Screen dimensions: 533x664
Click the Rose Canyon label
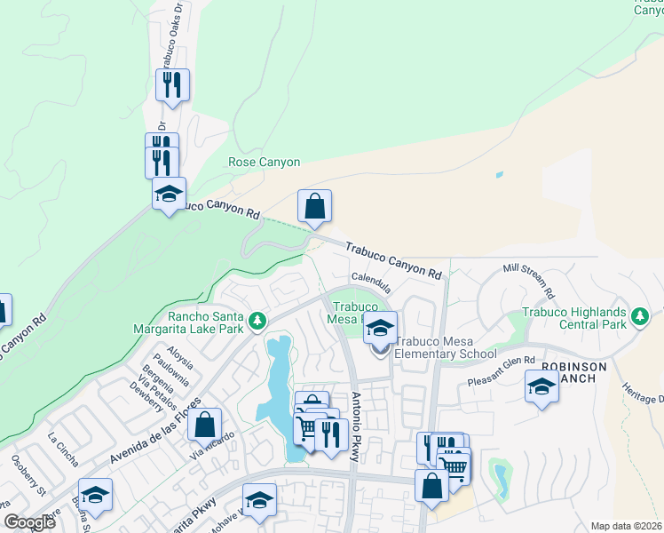coord(265,163)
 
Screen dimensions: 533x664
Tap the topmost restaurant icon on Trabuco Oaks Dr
coord(171,85)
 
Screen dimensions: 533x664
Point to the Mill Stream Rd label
coord(528,279)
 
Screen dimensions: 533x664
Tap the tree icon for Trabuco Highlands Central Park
coord(639,316)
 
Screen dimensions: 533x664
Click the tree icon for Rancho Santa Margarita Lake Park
coord(257,320)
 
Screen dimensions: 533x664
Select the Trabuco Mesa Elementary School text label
coord(445,347)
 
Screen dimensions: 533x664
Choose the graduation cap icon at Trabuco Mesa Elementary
coord(380,329)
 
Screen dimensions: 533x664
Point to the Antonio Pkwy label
coord(356,427)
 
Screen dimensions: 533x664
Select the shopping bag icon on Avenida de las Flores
coord(205,425)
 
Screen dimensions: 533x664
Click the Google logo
coord(29,523)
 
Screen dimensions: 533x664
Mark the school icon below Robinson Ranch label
coord(541,387)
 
